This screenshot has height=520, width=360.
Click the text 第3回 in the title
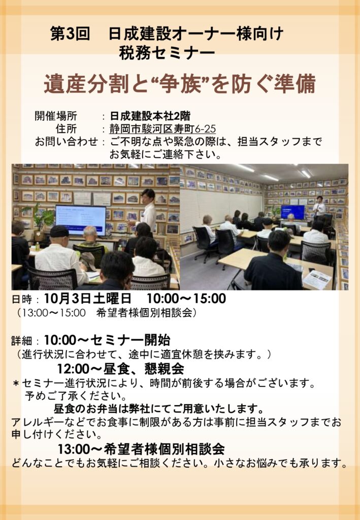(70, 34)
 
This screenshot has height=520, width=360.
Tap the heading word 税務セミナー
(167, 53)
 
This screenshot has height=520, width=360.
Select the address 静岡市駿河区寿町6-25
(163, 128)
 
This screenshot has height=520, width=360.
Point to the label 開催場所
(56, 116)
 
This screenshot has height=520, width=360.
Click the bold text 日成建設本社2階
(150, 116)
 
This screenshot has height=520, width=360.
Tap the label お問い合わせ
(67, 142)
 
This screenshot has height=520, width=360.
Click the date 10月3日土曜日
(87, 299)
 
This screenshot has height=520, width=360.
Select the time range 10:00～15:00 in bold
(186, 299)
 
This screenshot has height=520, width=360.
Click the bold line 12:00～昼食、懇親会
(120, 369)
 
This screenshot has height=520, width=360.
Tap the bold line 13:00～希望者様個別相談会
(141, 449)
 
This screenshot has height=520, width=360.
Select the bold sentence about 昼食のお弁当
(159, 408)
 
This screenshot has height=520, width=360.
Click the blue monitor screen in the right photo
(292, 212)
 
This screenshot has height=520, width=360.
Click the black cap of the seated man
(59, 231)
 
